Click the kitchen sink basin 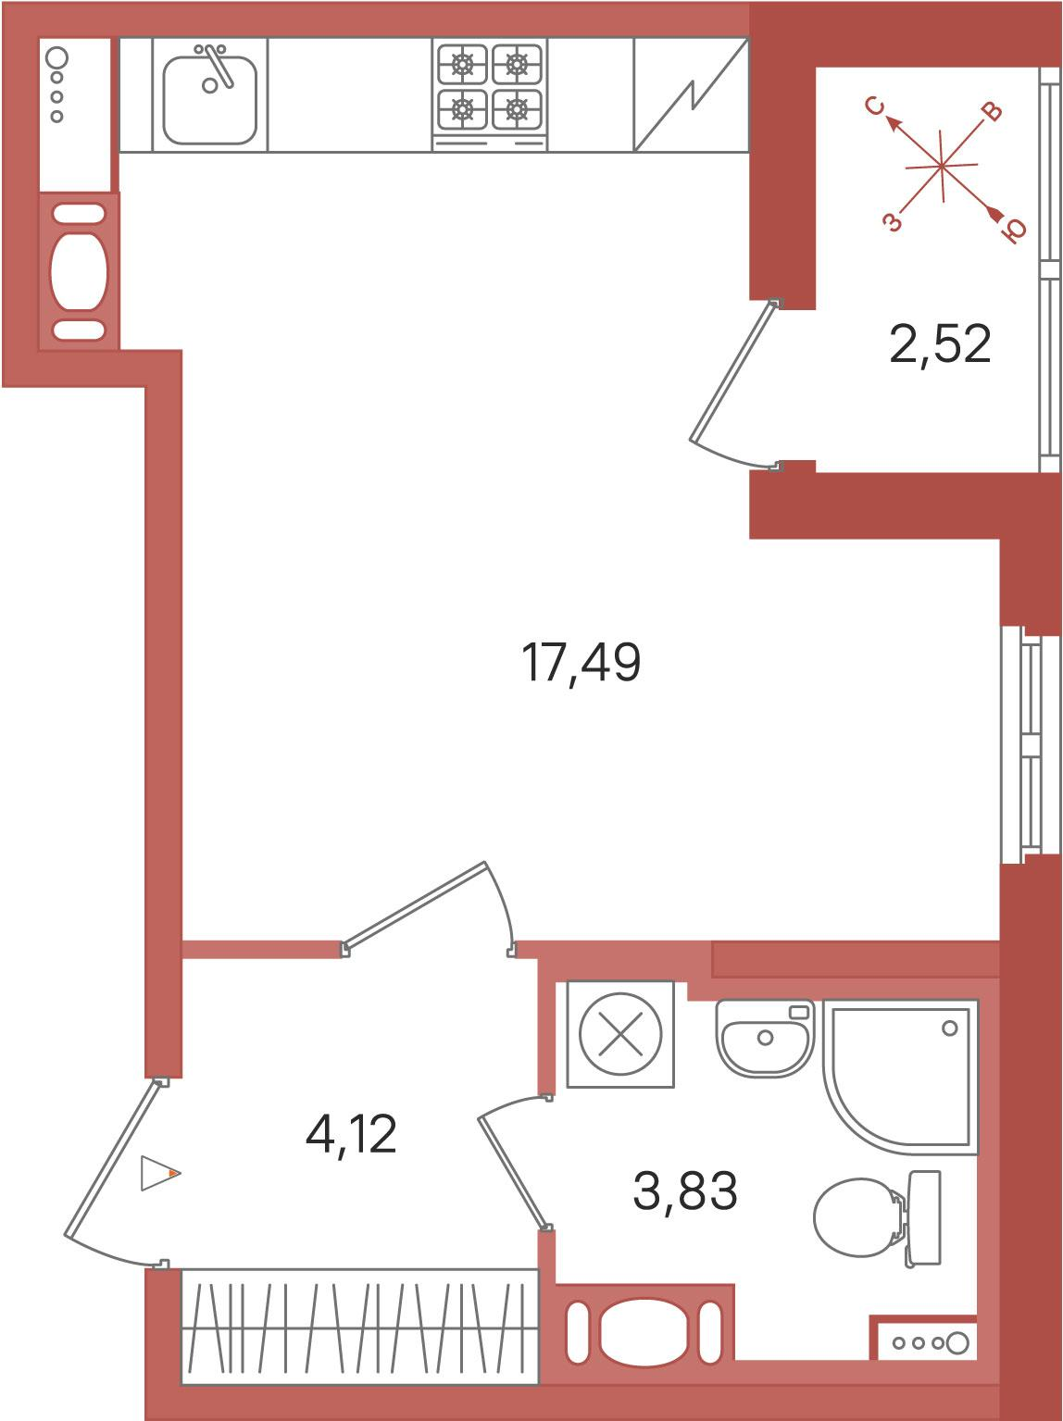210,98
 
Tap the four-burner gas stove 490,93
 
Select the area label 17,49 581,663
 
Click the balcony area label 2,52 940,344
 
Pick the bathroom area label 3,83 685,1191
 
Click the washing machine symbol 620,1034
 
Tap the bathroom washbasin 764,1038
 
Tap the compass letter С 876,106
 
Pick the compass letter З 893,222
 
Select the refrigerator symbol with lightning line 692,94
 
